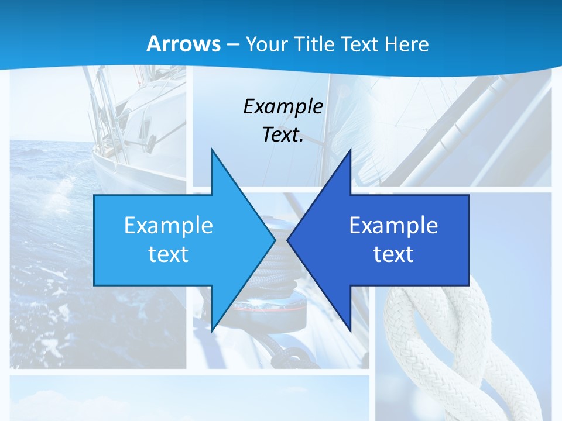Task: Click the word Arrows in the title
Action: [183, 44]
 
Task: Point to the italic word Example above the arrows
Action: [283, 106]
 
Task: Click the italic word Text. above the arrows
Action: [283, 134]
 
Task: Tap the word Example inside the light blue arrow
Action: [169, 225]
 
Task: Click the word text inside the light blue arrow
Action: [169, 254]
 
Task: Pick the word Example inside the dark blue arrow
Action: [393, 225]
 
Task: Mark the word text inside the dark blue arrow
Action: [393, 254]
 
